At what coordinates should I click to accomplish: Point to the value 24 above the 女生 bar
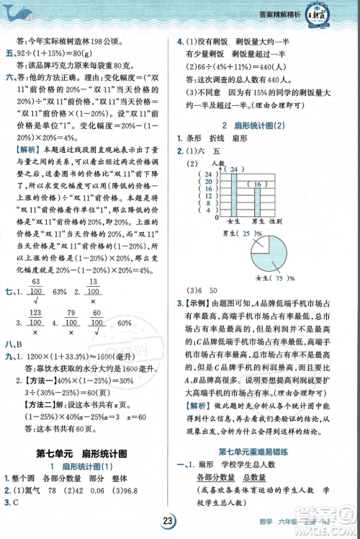[x=233, y=169]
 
